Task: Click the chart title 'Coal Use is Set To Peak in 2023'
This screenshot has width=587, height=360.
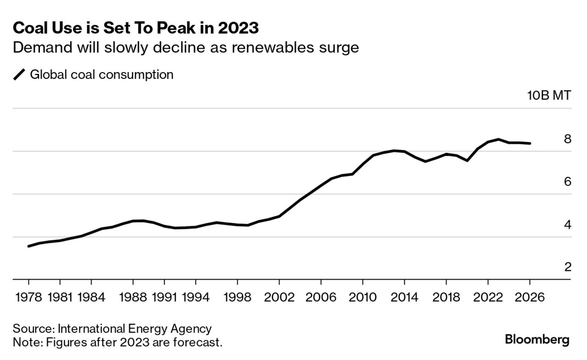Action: tap(136, 28)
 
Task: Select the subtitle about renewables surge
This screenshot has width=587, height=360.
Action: tap(186, 47)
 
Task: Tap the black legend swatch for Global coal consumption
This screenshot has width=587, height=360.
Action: tap(20, 74)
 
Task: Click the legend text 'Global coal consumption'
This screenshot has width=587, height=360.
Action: tap(101, 74)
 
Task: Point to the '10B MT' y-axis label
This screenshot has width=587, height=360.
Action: tap(549, 96)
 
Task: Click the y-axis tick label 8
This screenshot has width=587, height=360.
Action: tap(568, 139)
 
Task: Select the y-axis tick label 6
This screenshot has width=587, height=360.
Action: tap(568, 182)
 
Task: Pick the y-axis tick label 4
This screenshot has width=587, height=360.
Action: tap(568, 225)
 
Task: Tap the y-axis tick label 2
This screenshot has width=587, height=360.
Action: tap(568, 267)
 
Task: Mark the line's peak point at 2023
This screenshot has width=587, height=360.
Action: tap(498, 139)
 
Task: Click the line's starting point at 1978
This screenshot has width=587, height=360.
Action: tap(29, 246)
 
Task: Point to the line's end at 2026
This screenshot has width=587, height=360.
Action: tap(530, 143)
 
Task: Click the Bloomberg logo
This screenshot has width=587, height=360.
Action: tap(537, 340)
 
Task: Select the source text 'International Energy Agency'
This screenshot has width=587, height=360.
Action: tap(135, 329)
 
